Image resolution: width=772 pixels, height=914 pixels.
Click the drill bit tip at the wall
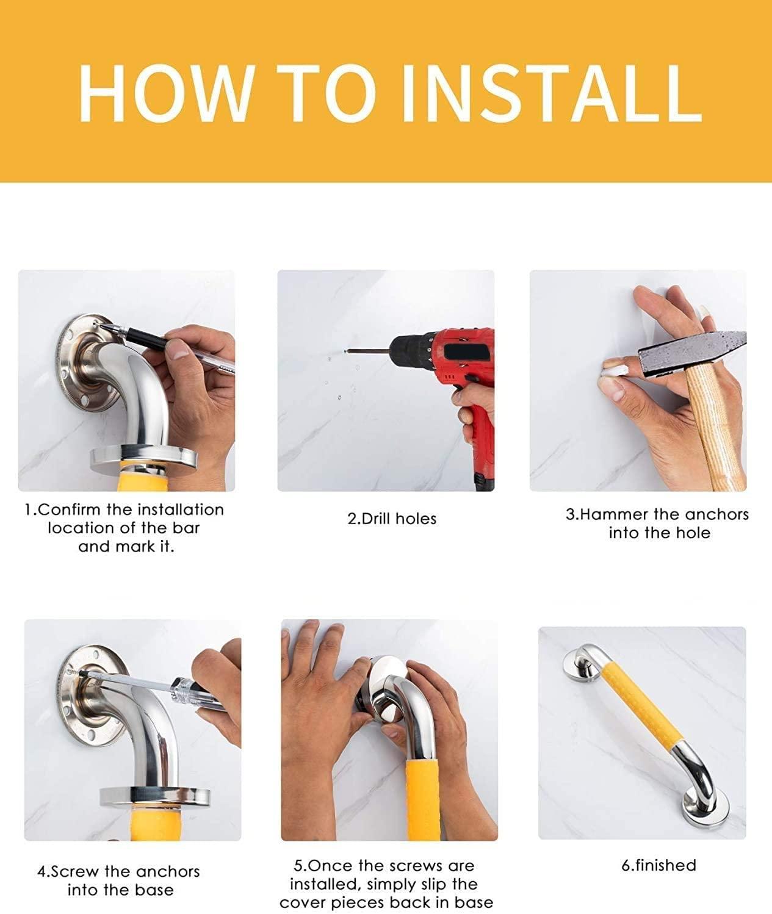click(347, 351)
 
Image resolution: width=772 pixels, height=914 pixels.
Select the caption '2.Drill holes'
click(392, 519)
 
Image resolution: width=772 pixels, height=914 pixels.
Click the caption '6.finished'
click(658, 865)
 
